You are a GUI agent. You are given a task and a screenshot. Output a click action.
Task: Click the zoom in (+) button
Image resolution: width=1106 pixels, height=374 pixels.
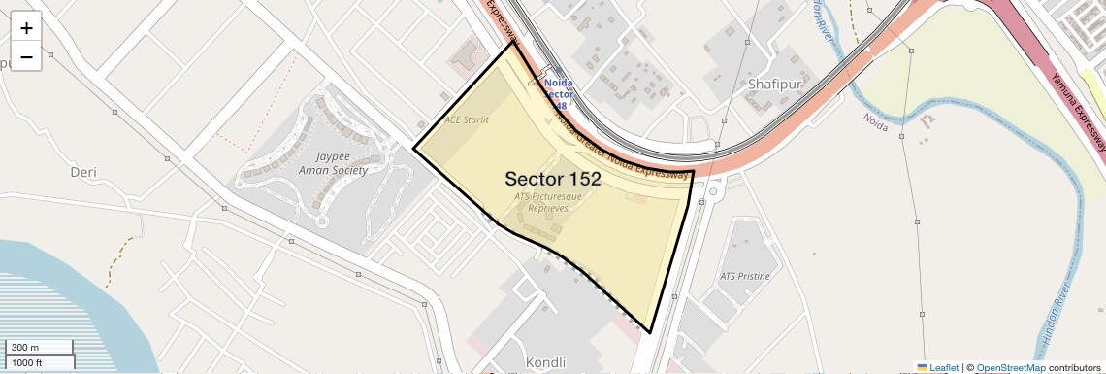click(26, 28)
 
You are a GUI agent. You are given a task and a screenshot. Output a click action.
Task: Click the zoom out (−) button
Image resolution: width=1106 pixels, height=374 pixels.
click(26, 57)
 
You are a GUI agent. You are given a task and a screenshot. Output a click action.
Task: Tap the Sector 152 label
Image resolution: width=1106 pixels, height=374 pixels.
click(552, 179)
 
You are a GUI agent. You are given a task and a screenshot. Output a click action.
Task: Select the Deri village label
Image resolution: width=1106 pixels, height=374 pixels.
click(83, 172)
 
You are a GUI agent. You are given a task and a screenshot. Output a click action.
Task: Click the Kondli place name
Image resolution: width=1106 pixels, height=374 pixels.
click(544, 362)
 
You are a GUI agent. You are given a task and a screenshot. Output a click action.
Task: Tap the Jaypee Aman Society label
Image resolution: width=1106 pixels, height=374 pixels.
click(334, 163)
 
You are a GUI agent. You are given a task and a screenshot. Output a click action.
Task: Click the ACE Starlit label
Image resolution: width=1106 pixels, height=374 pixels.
click(466, 120)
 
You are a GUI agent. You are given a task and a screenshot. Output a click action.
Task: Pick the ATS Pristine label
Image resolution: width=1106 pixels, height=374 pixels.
click(745, 276)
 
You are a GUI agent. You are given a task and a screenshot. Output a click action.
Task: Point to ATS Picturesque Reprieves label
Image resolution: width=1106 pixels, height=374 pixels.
click(548, 202)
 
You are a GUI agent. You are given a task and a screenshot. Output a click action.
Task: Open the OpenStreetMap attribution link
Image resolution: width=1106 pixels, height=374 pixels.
click(1011, 367)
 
